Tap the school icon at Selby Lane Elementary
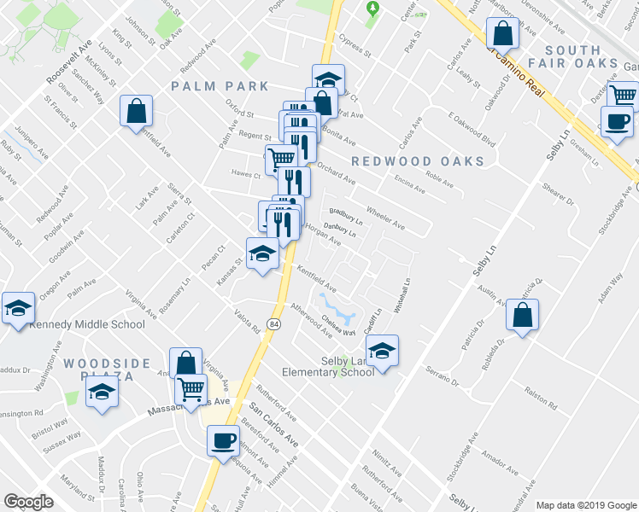382,350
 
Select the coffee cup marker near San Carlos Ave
224,440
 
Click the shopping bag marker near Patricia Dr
522,314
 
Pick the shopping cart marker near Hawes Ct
280,158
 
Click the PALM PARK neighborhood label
220,86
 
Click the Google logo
28,502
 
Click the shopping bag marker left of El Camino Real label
502,34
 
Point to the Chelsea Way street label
338,329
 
